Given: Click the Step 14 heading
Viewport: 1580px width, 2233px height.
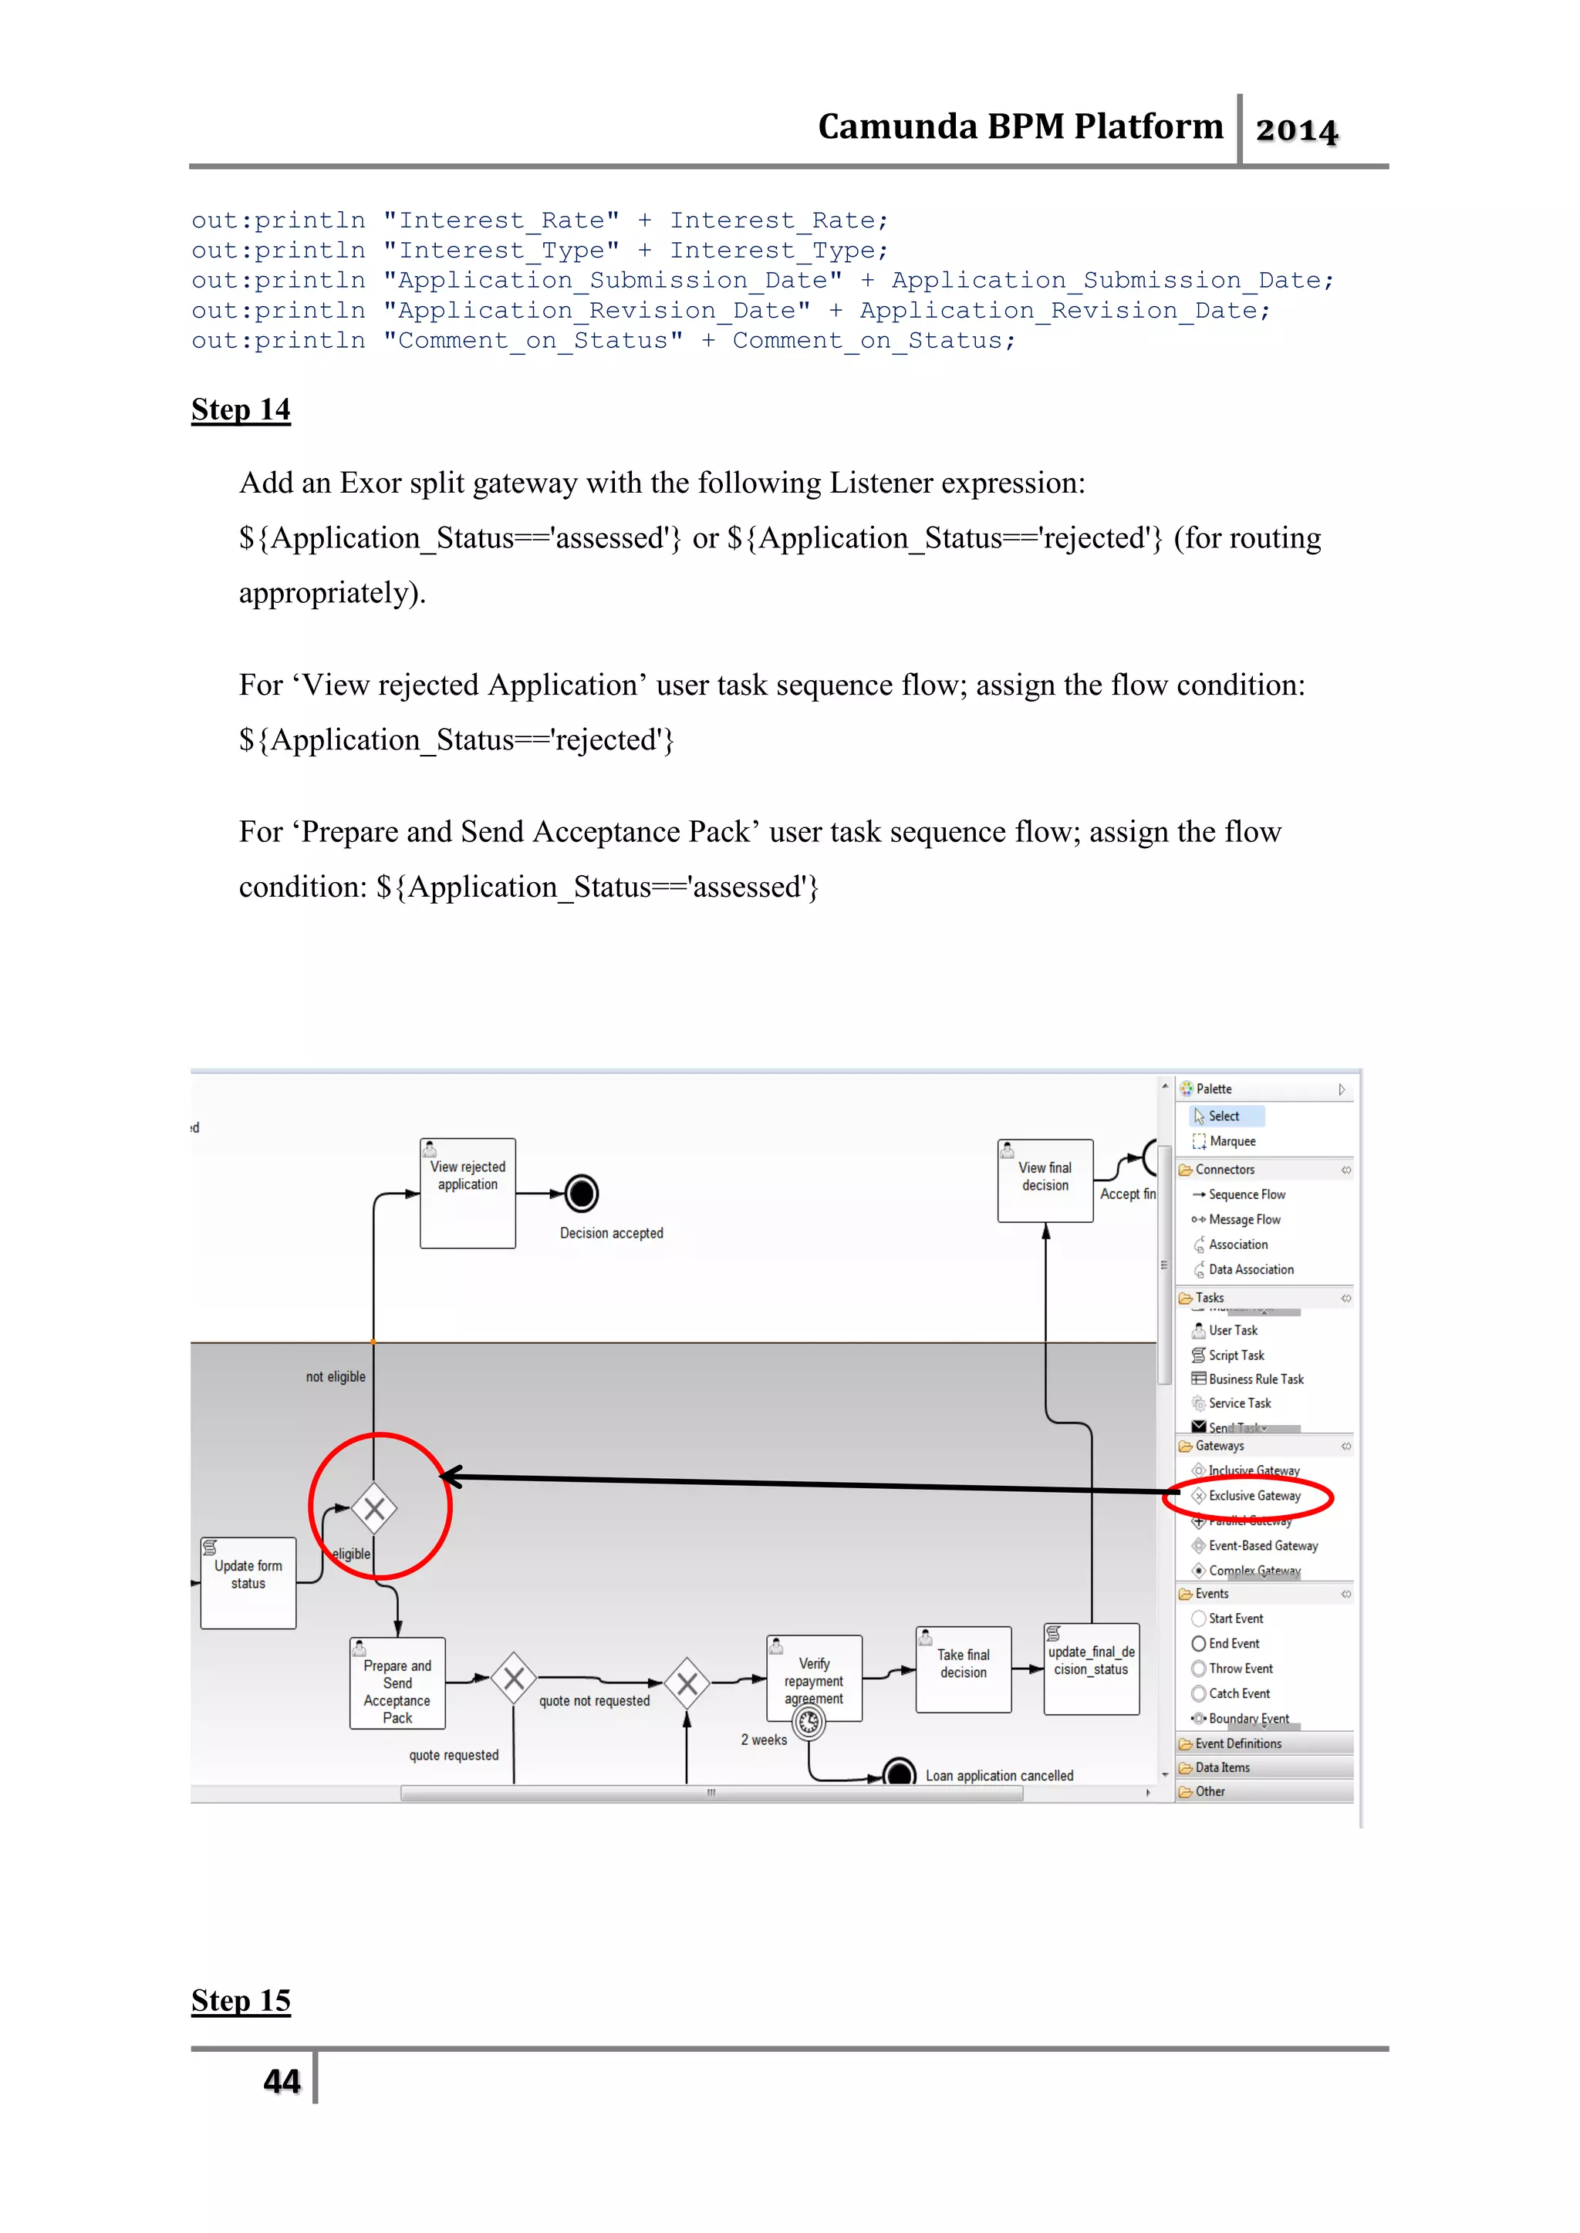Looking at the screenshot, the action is [x=240, y=409].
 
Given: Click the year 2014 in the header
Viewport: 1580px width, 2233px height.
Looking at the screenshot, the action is [x=1296, y=130].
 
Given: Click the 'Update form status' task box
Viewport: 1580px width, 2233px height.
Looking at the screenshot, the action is [x=248, y=1582].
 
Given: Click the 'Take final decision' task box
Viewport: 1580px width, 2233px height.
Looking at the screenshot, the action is [x=963, y=1669].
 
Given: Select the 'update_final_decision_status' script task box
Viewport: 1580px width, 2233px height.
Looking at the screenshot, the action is [x=1091, y=1668].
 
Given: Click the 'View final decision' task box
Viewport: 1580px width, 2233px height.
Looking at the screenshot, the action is [x=1045, y=1180].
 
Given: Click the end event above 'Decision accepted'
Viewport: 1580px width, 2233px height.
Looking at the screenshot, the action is [x=581, y=1194].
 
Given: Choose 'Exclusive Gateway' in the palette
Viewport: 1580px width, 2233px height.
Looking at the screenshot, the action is [x=1254, y=1496].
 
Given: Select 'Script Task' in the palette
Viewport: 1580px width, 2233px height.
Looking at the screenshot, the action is [x=1236, y=1355].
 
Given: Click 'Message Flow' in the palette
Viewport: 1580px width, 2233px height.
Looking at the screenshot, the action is [x=1244, y=1220].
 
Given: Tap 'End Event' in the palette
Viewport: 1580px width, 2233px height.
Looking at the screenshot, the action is [x=1234, y=1644].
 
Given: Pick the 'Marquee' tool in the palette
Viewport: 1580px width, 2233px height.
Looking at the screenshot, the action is [x=1232, y=1142].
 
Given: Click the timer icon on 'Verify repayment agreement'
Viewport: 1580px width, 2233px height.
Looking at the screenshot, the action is [x=809, y=1723].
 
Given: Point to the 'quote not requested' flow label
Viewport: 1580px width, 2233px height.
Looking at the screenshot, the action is [x=595, y=1701].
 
